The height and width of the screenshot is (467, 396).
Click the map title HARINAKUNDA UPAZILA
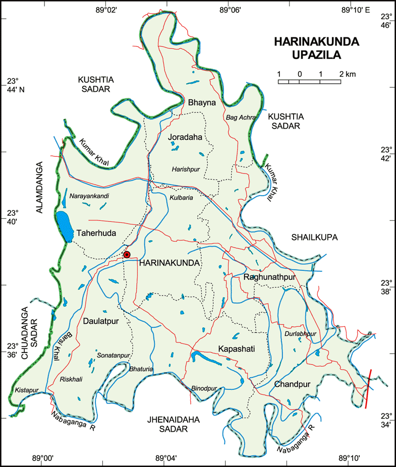317,48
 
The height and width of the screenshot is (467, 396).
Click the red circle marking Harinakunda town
127,255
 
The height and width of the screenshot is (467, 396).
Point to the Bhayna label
202,102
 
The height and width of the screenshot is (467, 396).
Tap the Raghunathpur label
269,277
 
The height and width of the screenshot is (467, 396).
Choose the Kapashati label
237,349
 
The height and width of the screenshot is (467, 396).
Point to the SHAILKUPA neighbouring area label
314,237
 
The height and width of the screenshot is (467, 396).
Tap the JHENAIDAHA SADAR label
166,424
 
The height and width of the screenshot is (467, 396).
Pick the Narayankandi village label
89,196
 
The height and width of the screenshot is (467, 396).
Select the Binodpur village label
204,388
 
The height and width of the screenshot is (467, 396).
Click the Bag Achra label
241,118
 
